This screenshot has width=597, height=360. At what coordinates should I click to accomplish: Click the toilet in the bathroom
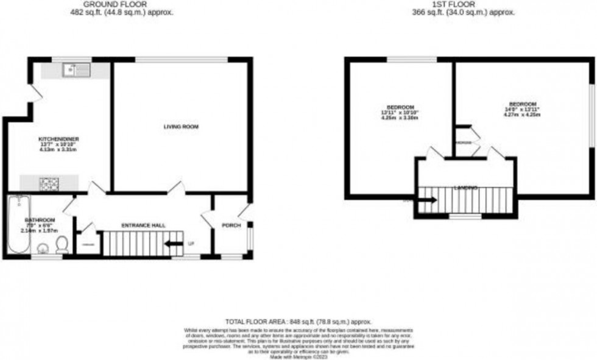(x=62, y=245)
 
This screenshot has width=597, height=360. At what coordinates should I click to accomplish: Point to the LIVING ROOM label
(x=181, y=127)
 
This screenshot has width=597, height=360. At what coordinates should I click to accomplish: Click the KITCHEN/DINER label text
(x=58, y=139)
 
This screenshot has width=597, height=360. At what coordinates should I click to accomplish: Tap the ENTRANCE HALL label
(x=143, y=225)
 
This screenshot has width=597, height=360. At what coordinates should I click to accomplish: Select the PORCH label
(x=231, y=225)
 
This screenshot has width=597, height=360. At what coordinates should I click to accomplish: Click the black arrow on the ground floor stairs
(x=174, y=244)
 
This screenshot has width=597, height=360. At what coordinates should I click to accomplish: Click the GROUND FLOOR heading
(x=124, y=4)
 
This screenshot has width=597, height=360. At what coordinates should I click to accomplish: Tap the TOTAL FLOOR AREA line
(x=298, y=322)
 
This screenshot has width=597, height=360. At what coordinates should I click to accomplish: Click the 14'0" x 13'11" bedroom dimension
(x=522, y=110)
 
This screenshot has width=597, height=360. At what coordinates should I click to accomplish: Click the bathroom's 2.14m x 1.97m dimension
(x=39, y=231)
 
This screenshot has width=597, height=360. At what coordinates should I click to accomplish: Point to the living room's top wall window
(x=182, y=59)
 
